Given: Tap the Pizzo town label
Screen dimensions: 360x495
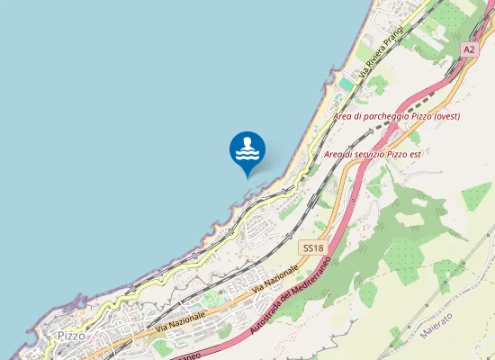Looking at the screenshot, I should [x=71, y=335].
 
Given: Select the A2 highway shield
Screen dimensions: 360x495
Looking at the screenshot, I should [x=469, y=50].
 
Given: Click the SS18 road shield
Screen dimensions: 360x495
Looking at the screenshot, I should [x=311, y=247].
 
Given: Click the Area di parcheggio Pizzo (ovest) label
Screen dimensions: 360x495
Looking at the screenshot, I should [x=396, y=117].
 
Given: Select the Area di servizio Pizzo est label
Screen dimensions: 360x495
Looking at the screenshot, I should [x=372, y=154].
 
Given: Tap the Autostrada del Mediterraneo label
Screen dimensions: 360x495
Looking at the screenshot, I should [x=289, y=295].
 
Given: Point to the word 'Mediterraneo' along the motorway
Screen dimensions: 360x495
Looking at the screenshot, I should [x=311, y=274].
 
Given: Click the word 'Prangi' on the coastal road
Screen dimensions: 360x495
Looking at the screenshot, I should [x=392, y=38].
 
